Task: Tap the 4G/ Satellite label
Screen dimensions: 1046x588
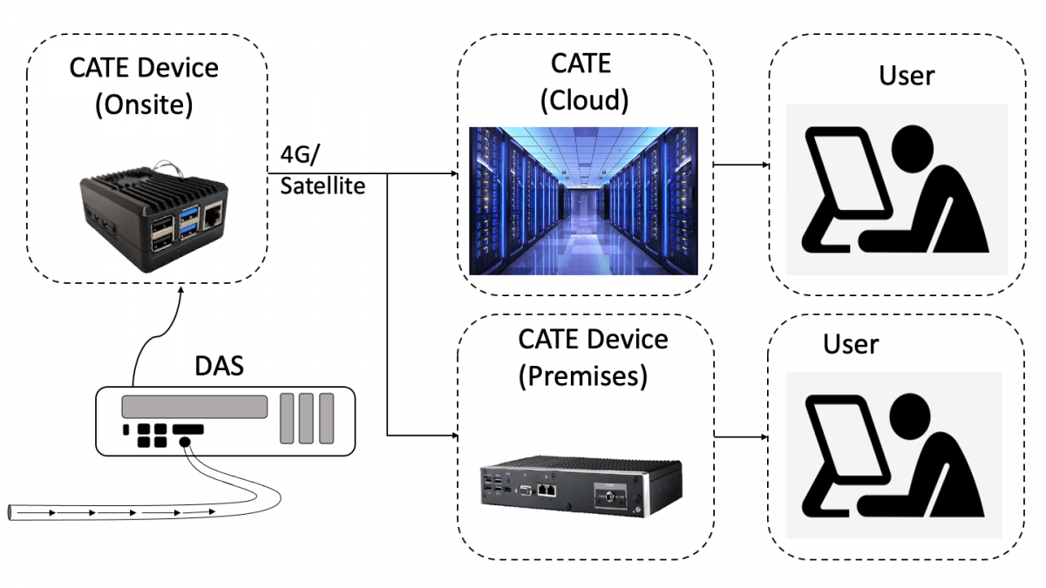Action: point(322,171)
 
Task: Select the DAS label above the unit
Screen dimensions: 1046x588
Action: point(218,366)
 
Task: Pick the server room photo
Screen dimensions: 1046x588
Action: point(583,200)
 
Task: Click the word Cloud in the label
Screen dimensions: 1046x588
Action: point(584,100)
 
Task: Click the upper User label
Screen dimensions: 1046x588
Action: point(907,76)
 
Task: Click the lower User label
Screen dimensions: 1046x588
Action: point(851,344)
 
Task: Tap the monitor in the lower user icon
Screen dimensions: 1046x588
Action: point(837,444)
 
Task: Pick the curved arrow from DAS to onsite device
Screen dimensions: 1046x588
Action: point(148,335)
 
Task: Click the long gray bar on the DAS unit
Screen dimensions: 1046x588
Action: point(194,407)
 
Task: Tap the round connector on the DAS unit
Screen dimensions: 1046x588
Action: point(184,443)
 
